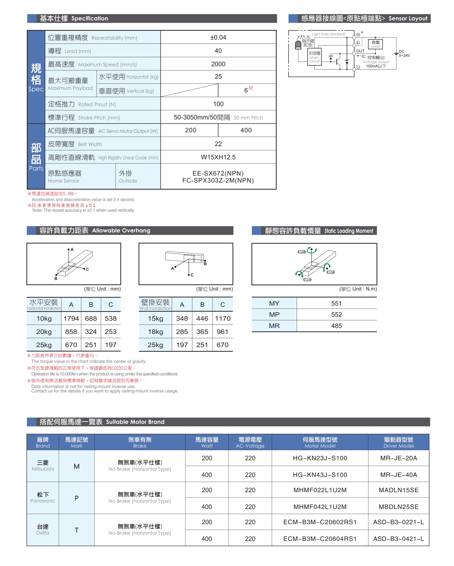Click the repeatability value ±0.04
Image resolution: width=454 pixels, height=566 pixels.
click(x=218, y=37)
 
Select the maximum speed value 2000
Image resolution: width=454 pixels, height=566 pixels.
click(x=218, y=64)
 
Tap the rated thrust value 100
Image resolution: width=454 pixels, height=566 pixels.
click(x=218, y=104)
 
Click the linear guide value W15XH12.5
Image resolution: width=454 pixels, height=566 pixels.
click(x=218, y=157)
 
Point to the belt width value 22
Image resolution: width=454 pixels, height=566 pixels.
click(x=218, y=144)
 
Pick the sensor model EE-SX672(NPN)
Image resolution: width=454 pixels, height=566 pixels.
click(x=218, y=173)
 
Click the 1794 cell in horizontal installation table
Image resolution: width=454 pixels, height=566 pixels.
click(x=71, y=318)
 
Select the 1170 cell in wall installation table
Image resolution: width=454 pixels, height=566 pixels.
click(x=223, y=318)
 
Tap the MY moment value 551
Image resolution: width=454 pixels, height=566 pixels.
click(x=336, y=303)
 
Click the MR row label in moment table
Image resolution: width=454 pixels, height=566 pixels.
click(x=274, y=326)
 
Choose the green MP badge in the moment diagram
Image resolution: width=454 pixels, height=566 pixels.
click(x=330, y=272)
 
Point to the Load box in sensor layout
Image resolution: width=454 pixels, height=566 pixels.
click(x=376, y=44)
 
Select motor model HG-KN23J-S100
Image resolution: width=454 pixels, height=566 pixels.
click(x=320, y=458)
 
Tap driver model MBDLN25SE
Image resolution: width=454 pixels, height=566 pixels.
click(x=398, y=507)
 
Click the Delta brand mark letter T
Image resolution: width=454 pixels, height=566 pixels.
click(x=76, y=530)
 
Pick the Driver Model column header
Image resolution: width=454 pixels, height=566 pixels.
click(x=398, y=442)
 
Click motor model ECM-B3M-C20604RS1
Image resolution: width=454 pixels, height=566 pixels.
click(x=320, y=539)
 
